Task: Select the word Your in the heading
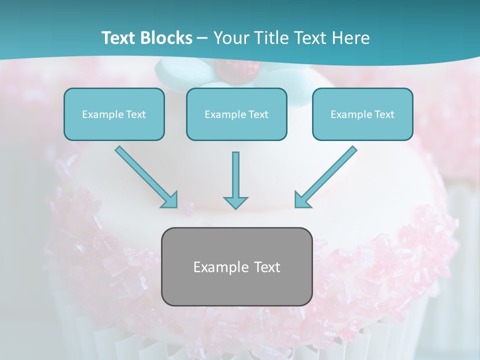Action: (x=230, y=38)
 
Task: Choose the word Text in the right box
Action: (x=384, y=114)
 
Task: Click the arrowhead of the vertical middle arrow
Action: (x=235, y=201)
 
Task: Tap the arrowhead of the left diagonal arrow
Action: (x=170, y=200)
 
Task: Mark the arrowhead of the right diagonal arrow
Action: (x=301, y=200)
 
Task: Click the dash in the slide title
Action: (x=202, y=38)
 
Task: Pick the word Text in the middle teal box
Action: (x=258, y=114)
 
